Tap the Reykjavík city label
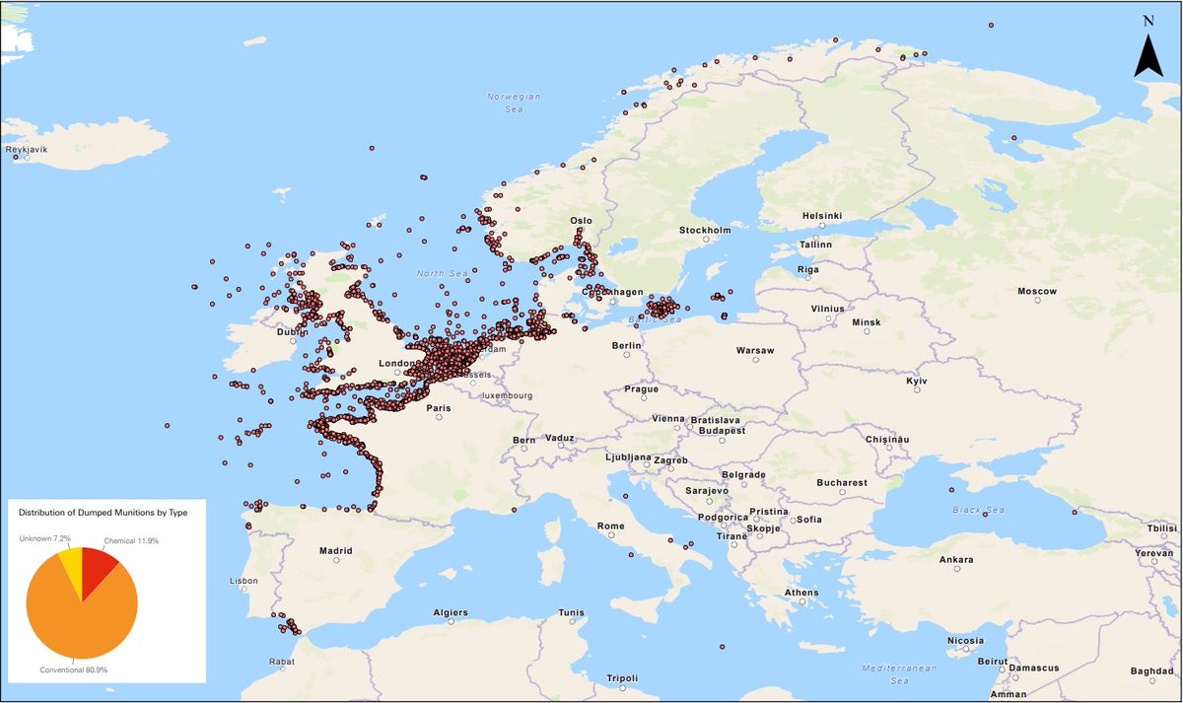pos(27,150)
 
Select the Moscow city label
pos(1037,292)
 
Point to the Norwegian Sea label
pos(515,103)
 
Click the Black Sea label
pos(978,510)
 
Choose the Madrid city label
pos(336,551)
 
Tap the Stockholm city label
pos(705,231)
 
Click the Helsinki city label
pos(821,216)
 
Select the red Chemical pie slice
pos(98,568)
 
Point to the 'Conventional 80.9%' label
pos(73,669)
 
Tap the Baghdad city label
pos(1151,671)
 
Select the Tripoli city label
pos(623,678)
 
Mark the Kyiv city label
pos(918,381)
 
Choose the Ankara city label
pos(956,560)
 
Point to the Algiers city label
pos(451,612)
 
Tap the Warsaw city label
pos(755,351)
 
